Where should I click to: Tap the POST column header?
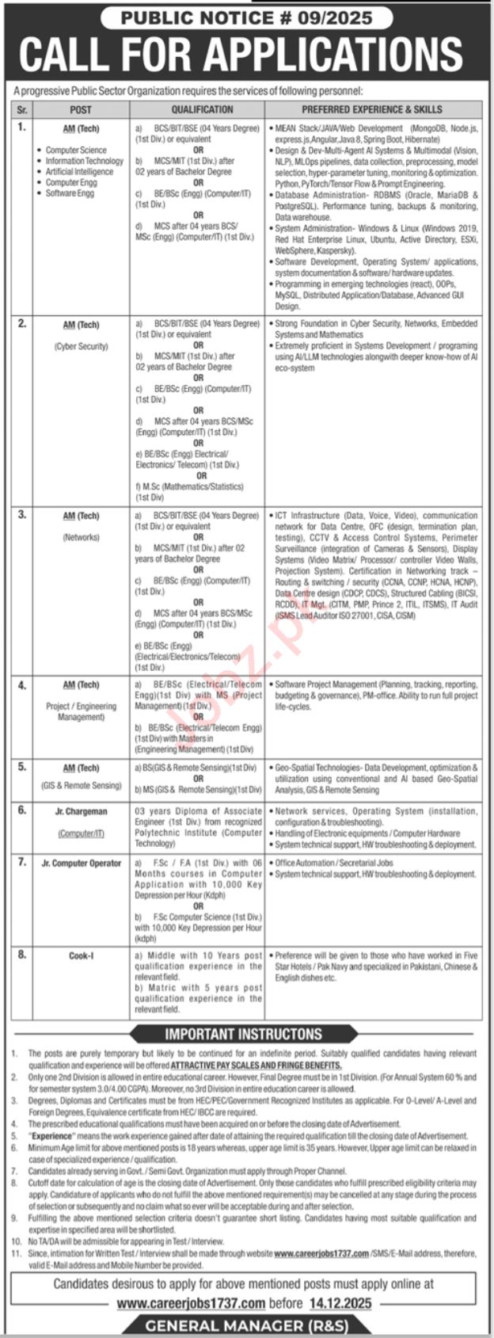(x=80, y=110)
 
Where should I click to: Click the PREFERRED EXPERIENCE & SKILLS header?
(x=371, y=110)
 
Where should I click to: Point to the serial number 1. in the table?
(x=22, y=126)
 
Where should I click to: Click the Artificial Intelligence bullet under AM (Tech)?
(x=79, y=172)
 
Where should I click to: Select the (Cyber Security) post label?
(x=81, y=346)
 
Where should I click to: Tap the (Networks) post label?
(x=81, y=537)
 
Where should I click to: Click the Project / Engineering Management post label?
(x=81, y=711)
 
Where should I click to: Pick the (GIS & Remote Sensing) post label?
(x=81, y=786)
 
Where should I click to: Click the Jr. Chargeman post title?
(x=81, y=811)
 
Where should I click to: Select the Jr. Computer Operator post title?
(x=81, y=863)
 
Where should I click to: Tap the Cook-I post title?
(x=81, y=956)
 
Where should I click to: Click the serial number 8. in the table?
(x=22, y=955)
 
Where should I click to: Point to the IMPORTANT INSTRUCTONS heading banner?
(x=243, y=1034)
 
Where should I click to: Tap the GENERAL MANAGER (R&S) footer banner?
(x=246, y=1326)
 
